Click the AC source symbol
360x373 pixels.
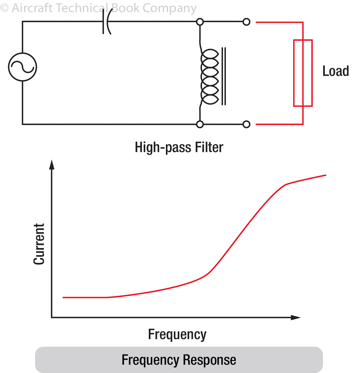click(x=22, y=67)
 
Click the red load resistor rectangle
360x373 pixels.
click(x=303, y=73)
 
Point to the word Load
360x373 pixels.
click(x=335, y=71)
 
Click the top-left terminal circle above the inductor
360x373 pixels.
click(x=200, y=22)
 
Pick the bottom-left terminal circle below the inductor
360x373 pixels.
click(x=200, y=124)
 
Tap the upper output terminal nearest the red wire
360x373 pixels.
click(x=246, y=22)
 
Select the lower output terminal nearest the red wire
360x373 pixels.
click(x=246, y=124)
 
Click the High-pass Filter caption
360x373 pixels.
click(x=179, y=147)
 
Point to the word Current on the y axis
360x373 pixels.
click(x=39, y=244)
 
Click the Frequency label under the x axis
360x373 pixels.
click(x=177, y=334)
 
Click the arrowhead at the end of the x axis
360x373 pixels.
click(x=296, y=317)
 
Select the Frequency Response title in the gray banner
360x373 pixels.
click(x=179, y=360)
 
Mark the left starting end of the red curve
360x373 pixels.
click(x=64, y=297)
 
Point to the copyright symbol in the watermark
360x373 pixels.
click(x=4, y=8)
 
